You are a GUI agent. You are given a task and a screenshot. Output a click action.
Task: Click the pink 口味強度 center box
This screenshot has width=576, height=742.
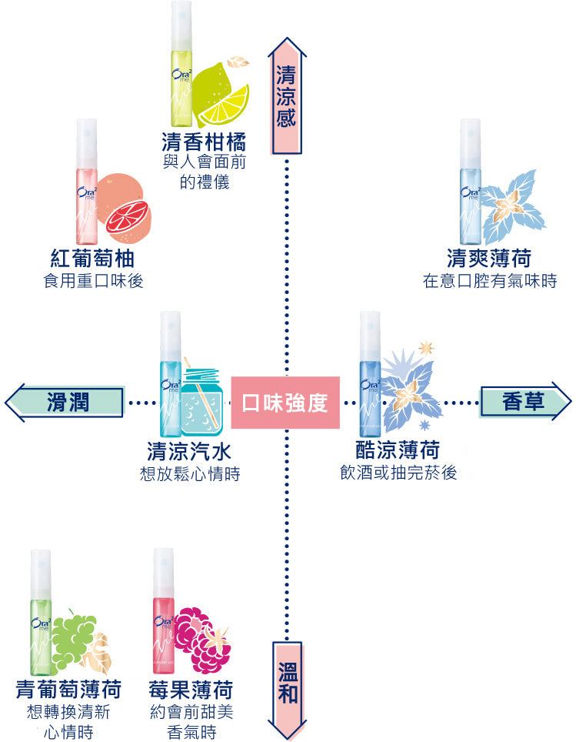point(285,402)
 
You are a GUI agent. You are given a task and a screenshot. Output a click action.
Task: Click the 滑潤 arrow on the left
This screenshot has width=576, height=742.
point(66,402)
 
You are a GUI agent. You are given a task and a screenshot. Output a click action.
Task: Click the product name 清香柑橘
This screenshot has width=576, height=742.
point(205,142)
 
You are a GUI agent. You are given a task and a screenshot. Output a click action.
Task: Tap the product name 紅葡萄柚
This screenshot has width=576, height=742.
point(93,258)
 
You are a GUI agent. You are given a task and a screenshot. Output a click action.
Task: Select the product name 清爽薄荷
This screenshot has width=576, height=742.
point(489,258)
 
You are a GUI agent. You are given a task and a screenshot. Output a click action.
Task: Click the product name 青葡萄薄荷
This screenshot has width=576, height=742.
point(69,689)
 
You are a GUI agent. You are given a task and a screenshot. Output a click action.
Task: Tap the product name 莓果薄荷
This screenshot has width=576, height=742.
point(192,689)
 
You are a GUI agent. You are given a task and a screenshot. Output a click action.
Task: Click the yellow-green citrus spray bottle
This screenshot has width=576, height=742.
point(181,65)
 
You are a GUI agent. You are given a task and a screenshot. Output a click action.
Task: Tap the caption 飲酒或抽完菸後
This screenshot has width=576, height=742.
point(398,473)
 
